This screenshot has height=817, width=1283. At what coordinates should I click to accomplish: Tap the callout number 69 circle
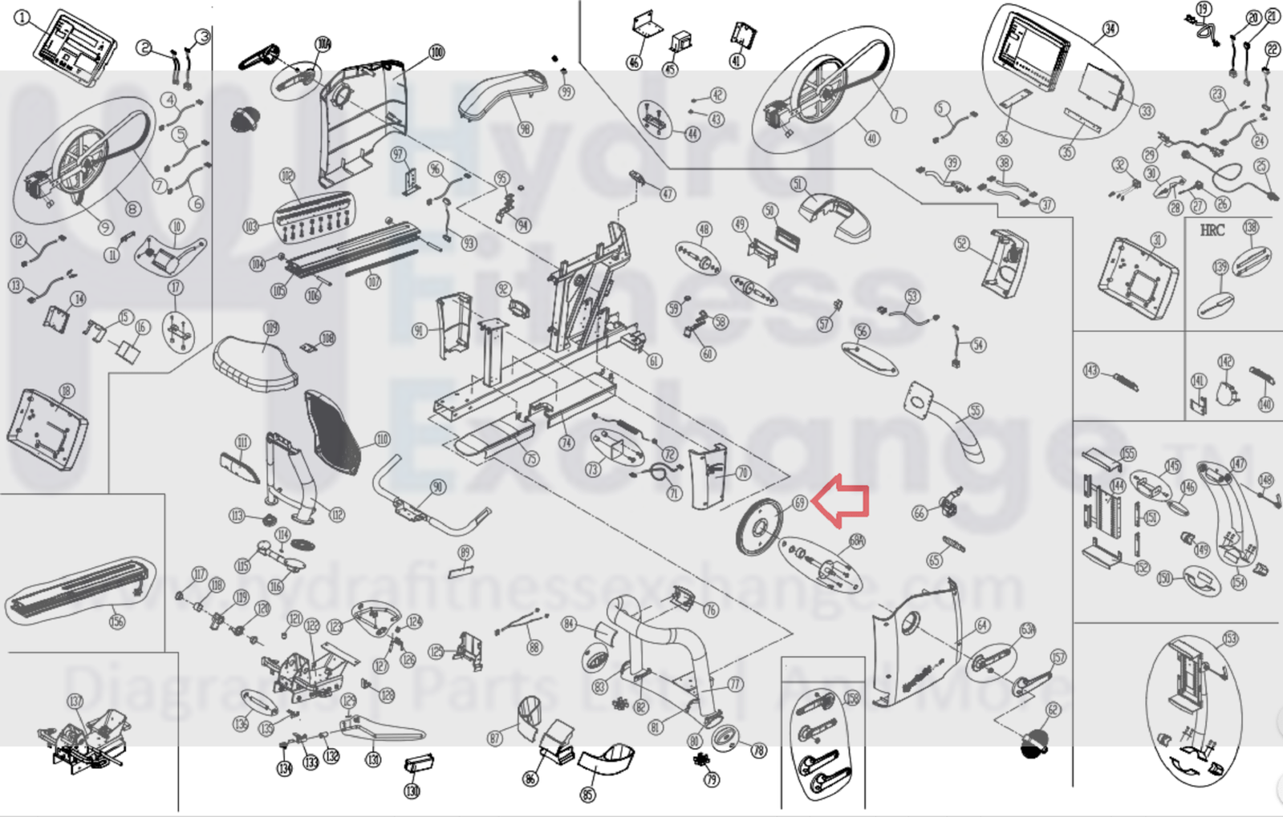click(799, 503)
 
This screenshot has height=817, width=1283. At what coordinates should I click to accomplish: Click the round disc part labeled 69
click(757, 527)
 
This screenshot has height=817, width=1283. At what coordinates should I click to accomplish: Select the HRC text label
click(1212, 231)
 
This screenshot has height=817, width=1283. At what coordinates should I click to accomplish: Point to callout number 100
click(436, 53)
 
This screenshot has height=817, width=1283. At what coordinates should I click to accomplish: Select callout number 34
click(1110, 30)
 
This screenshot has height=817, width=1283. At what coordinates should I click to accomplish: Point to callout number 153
click(1230, 638)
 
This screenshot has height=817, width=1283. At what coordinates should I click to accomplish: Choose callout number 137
click(75, 702)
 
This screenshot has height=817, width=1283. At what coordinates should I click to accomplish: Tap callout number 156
click(117, 621)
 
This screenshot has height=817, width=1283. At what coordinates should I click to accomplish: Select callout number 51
click(798, 184)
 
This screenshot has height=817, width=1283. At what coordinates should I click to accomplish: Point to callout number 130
click(412, 791)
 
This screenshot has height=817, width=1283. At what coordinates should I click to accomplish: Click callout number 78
click(758, 750)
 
